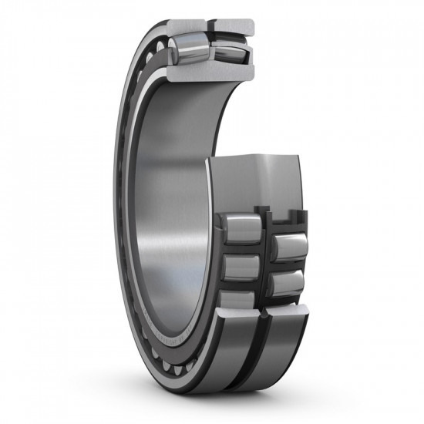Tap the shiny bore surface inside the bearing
(x=166, y=193)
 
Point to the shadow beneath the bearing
(x=231, y=401)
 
